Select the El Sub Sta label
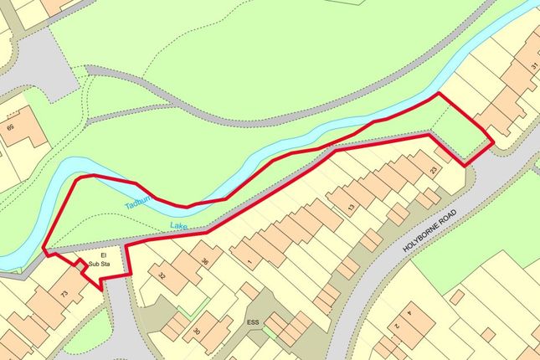pyautogui.click(x=104, y=259)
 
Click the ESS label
pyautogui.click(x=253, y=321)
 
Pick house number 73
pyautogui.click(x=64, y=293)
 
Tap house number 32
pyautogui.click(x=162, y=274)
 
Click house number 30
pyautogui.click(x=198, y=332)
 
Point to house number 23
pyautogui.click(x=434, y=169)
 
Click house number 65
pyautogui.click(x=10, y=127)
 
